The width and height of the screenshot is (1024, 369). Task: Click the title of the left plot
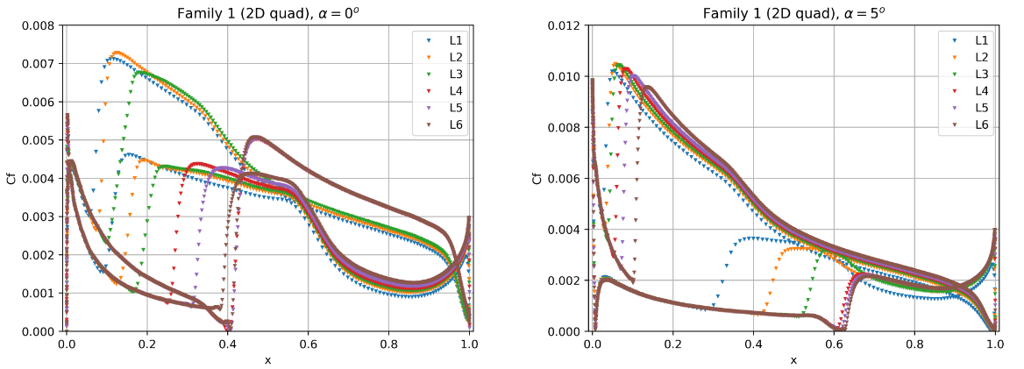tap(267, 13)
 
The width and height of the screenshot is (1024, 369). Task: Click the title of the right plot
tap(793, 13)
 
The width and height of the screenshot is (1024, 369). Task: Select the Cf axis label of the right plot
tap(537, 178)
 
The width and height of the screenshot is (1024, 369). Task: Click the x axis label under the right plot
tap(793, 360)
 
